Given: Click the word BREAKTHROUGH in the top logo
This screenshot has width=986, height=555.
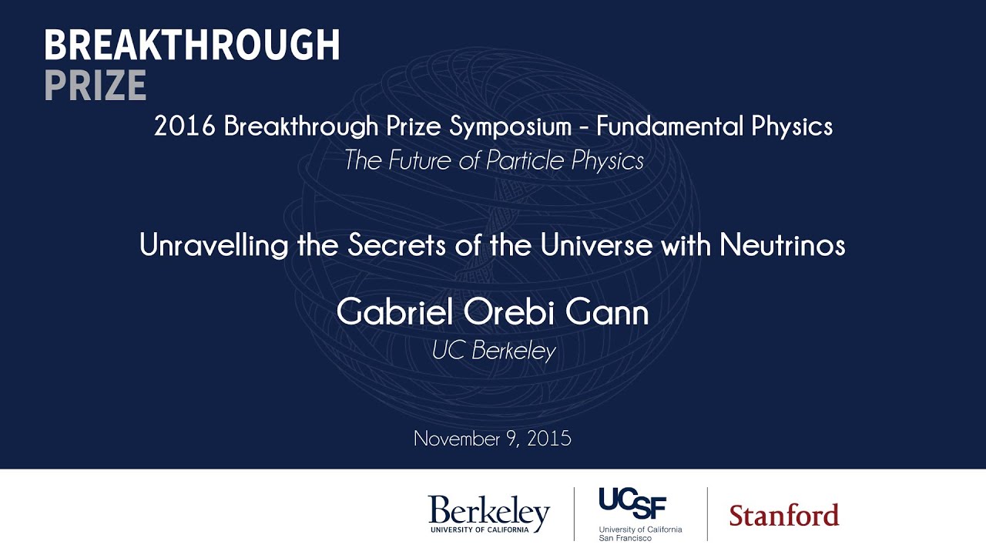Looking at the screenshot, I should (x=192, y=46).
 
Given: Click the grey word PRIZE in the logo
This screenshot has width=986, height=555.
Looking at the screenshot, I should (x=95, y=86).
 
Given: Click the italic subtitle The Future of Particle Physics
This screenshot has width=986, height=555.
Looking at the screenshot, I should (x=493, y=160).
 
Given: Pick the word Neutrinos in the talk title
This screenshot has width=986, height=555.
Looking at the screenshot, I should (x=782, y=245).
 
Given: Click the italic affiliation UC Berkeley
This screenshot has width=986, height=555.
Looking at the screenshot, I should (x=493, y=351).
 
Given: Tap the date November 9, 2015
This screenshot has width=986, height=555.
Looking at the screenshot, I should (x=492, y=439).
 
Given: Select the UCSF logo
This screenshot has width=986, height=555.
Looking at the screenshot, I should (x=639, y=513).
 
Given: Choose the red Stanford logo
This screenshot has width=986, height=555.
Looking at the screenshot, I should (x=783, y=515).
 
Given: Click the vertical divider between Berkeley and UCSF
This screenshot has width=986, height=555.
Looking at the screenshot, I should (x=574, y=513).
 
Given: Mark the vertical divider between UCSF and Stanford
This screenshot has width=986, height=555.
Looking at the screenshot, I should (x=707, y=513).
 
